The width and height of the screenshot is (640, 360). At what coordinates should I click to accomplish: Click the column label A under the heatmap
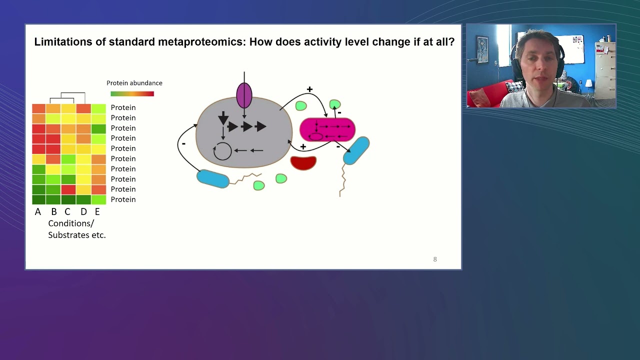point(38,211)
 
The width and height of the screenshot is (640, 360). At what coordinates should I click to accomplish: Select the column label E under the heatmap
point(97,211)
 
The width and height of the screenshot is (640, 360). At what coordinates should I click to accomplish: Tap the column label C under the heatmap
point(67,211)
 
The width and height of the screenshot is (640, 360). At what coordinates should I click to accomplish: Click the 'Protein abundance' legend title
point(134,83)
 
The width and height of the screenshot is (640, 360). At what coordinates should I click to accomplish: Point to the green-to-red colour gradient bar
point(132,93)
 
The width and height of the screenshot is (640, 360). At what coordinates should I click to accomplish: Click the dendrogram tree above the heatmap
point(67,97)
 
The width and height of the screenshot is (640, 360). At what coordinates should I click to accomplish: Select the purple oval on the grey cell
point(244,95)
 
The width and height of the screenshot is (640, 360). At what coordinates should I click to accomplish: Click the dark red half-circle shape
point(303,162)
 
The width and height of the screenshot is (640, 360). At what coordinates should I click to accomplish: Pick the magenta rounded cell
point(327,130)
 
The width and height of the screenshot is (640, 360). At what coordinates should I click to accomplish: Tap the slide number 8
point(435,259)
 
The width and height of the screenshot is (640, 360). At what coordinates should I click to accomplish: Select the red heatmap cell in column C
point(68,189)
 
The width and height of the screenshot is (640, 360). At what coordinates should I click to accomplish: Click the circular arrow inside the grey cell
point(222,150)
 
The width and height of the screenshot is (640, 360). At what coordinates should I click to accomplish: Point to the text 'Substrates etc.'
point(77,235)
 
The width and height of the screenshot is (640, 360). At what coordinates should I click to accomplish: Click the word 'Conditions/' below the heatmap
point(71,223)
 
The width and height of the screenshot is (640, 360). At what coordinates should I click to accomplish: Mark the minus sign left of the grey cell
point(183,143)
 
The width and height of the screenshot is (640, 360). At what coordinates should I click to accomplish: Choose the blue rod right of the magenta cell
point(356,150)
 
